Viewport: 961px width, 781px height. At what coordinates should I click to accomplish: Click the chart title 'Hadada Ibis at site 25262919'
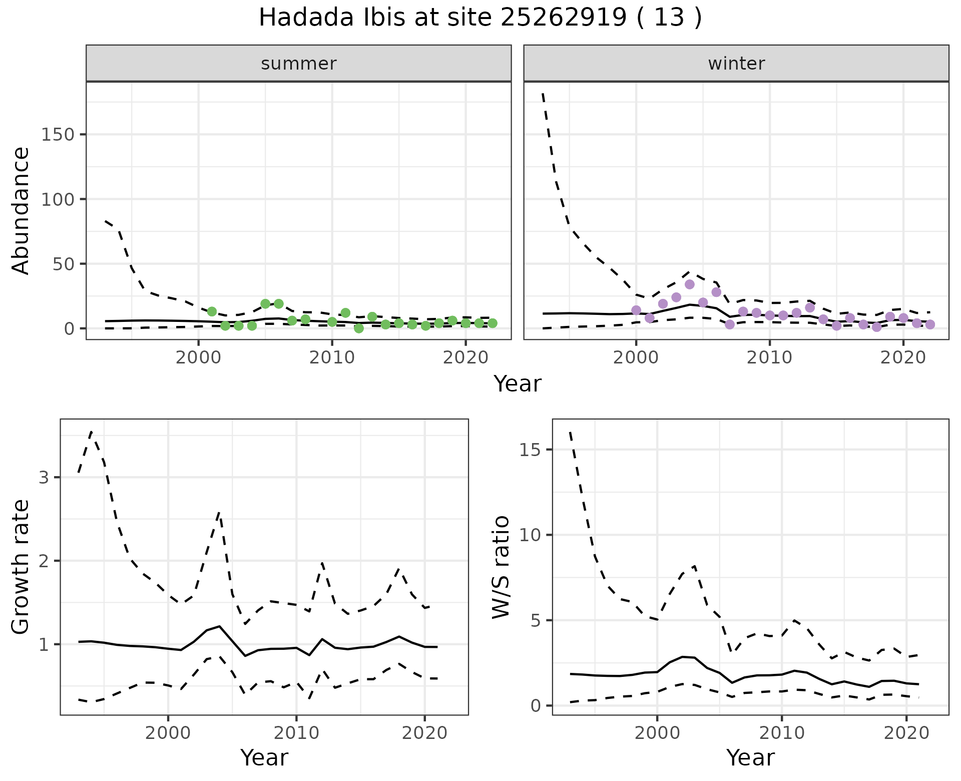pos(479,18)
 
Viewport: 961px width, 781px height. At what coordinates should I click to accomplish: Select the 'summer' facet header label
pos(298,64)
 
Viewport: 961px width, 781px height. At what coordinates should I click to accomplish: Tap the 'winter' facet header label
pos(736,64)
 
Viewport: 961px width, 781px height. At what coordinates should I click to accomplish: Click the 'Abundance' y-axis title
pos(21,210)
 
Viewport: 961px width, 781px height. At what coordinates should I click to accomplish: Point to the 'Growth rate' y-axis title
pos(21,567)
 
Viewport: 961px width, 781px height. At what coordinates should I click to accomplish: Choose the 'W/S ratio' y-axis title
pos(501,567)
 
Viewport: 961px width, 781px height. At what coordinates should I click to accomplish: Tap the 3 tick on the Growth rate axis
pos(44,477)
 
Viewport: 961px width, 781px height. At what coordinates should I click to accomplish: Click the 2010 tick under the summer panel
pos(332,358)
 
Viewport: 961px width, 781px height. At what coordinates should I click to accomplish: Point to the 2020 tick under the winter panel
pos(903,358)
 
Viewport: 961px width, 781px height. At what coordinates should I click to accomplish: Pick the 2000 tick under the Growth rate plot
pos(168,733)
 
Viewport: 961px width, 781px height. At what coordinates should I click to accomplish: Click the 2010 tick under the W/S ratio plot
pos(781,733)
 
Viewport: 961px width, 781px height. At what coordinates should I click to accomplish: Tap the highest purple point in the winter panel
pos(689,284)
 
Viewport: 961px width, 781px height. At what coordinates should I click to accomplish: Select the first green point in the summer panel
pos(212,311)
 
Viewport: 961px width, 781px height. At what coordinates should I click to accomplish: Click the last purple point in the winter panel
pos(930,324)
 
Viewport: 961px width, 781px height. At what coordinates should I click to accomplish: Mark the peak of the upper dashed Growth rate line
pos(91,432)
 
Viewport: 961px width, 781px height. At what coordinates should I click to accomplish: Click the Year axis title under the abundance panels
pos(518,384)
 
